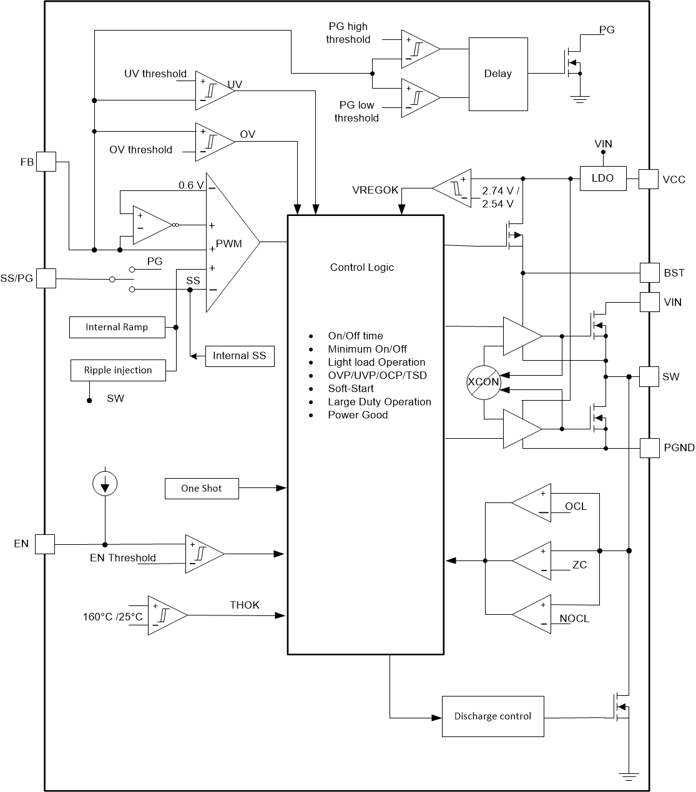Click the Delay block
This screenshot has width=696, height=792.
[x=497, y=74]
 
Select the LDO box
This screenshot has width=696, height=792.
[x=602, y=178]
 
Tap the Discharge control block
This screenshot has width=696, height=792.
[x=493, y=716]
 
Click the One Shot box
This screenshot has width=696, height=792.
[x=202, y=489]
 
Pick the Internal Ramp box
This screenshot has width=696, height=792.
[x=117, y=328]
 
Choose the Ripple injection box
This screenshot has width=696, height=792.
[x=118, y=371]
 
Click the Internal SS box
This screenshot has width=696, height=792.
[x=240, y=356]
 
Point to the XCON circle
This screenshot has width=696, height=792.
[x=484, y=382]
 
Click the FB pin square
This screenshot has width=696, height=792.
[x=46, y=162]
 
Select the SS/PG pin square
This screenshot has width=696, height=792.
[x=46, y=278]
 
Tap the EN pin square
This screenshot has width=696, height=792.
[x=45, y=544]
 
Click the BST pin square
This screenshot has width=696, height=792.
[x=650, y=273]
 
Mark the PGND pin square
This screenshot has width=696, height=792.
[x=650, y=447]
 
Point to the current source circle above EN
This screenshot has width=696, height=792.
[x=105, y=483]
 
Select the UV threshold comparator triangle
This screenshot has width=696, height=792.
[x=212, y=90]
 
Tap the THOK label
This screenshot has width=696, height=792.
[x=245, y=605]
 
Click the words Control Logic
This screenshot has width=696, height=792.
[x=362, y=268]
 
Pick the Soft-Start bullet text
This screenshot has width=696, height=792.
[x=351, y=389]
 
